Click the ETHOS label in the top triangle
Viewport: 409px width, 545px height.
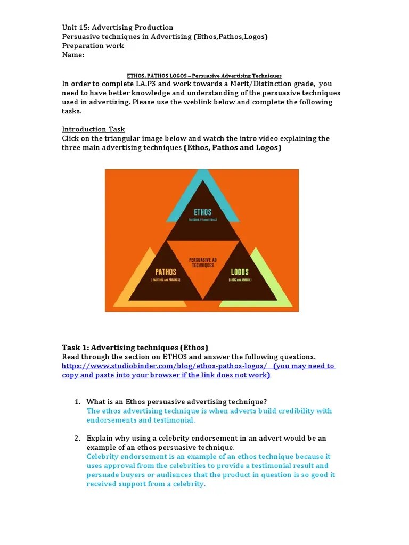(x=202, y=212)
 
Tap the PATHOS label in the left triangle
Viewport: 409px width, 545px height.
(x=166, y=271)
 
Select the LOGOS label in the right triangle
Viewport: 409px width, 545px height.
(x=239, y=271)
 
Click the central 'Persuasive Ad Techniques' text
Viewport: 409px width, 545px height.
(x=202, y=262)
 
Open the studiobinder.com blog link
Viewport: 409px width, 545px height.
(x=164, y=366)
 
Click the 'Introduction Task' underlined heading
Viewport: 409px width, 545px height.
(x=93, y=129)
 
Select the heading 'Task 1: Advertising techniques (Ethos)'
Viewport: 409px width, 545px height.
(x=135, y=348)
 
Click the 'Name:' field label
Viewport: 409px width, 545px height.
(x=73, y=55)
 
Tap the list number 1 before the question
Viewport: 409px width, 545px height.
(x=77, y=402)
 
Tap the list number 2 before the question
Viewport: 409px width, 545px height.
(x=77, y=439)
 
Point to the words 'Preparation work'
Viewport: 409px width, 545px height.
(x=93, y=46)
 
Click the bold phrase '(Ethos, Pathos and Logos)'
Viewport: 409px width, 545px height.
(x=233, y=147)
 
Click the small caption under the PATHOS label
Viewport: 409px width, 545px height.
(x=166, y=280)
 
